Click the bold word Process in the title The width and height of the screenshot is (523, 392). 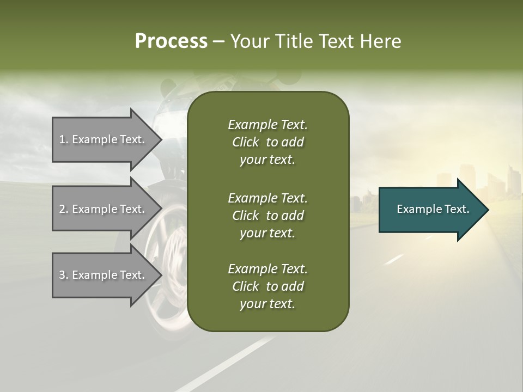[x=171, y=41]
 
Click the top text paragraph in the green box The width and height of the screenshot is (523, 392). [x=267, y=142]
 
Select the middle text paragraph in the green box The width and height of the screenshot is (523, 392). [x=267, y=215]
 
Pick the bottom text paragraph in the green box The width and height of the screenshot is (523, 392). [x=267, y=286]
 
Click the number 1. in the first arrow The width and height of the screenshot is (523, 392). [x=64, y=139]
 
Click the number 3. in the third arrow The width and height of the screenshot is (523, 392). [x=64, y=275]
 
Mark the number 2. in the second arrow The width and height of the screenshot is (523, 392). [x=64, y=209]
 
